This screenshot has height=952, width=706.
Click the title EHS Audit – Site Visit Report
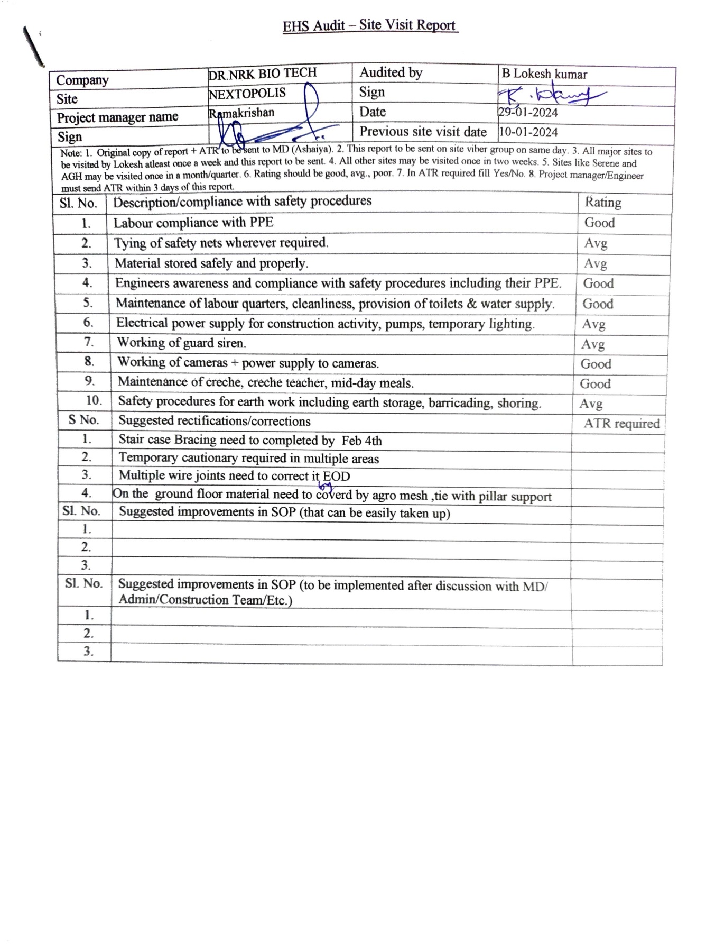(x=369, y=25)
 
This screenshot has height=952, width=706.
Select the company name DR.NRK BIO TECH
(x=262, y=74)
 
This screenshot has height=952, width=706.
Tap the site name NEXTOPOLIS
(x=247, y=94)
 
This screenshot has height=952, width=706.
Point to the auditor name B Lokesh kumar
(x=544, y=74)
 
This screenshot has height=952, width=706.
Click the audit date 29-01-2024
(x=528, y=112)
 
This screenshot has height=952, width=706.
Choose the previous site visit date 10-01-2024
(x=528, y=132)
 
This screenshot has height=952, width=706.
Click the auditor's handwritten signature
(x=550, y=96)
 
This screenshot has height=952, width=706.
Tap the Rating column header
(x=603, y=203)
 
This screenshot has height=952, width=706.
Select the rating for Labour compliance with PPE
(x=599, y=223)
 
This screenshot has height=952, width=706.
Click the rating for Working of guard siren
(x=593, y=344)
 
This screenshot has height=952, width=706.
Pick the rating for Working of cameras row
(x=596, y=364)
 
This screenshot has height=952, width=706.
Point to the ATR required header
(x=621, y=424)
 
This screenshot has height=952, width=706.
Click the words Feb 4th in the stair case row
(x=361, y=441)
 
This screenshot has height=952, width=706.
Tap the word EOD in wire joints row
(x=337, y=476)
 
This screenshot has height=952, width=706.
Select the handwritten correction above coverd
(x=326, y=486)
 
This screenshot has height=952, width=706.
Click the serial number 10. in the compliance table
(x=94, y=400)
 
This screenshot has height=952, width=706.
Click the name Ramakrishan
(x=242, y=113)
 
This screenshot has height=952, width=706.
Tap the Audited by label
(x=391, y=72)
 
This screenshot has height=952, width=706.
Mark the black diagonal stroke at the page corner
(x=33, y=47)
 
